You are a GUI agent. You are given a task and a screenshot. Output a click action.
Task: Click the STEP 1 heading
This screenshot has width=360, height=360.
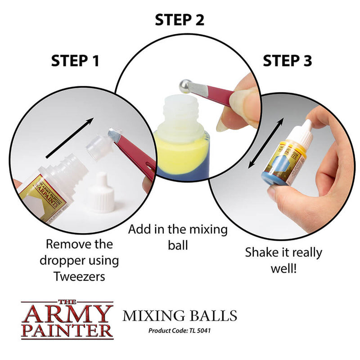click(x=75, y=61)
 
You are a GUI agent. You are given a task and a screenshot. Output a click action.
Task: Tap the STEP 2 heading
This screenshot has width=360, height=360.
click(x=180, y=20)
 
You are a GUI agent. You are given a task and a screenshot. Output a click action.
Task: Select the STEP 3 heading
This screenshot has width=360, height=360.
click(x=287, y=61)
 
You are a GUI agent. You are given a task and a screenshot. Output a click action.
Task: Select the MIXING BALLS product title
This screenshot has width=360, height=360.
click(x=180, y=315)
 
